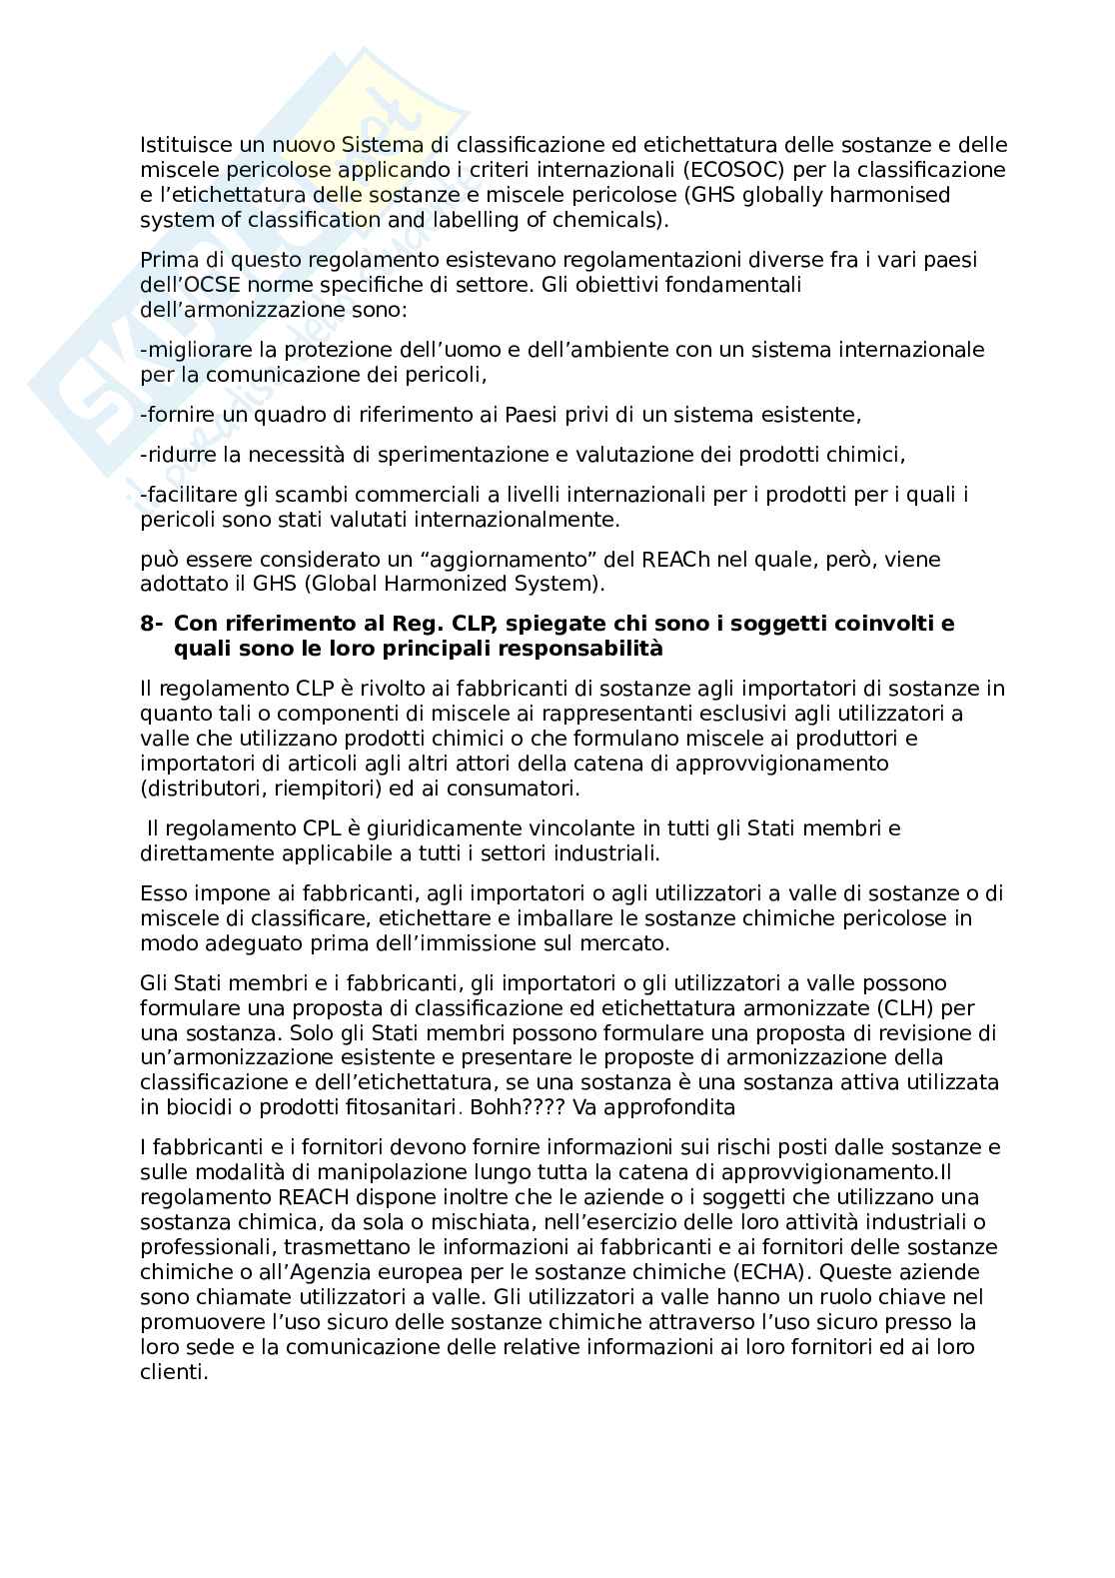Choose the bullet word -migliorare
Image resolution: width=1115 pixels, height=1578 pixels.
click(x=196, y=350)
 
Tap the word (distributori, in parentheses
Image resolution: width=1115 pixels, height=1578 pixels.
click(x=204, y=789)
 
